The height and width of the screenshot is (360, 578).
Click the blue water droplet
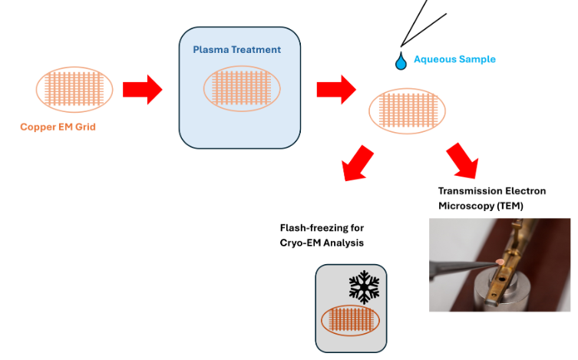[400, 61]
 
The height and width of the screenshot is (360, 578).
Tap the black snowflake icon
[365, 286]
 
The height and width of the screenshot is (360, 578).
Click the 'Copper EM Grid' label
[58, 126]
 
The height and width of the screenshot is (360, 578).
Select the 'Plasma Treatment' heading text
[236, 50]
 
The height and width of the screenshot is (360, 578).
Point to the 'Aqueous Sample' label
[454, 59]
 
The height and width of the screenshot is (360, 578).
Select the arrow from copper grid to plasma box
[144, 88]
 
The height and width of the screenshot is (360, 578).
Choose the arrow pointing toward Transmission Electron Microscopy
[461, 158]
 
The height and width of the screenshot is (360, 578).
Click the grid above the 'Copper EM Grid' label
[74, 88]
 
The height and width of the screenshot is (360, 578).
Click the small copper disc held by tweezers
[501, 263]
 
